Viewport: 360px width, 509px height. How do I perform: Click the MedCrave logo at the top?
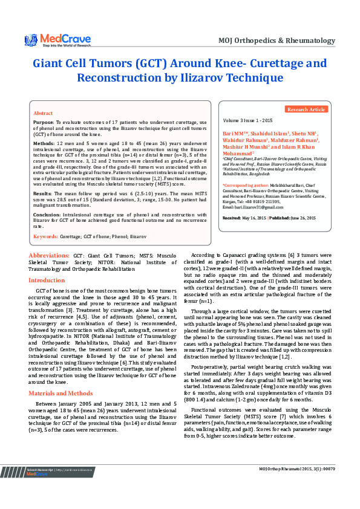(x=57, y=39)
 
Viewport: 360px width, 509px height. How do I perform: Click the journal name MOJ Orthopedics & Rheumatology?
(x=277, y=41)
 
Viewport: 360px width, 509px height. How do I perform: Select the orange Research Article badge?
(x=306, y=109)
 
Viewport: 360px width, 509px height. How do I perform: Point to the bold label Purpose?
(x=44, y=122)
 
